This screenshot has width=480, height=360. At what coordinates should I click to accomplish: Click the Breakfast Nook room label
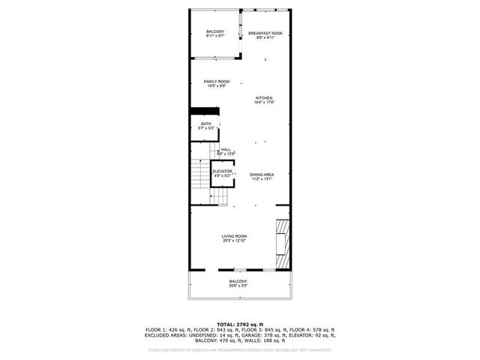point(265,34)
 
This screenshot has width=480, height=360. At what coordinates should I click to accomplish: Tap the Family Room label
point(217,81)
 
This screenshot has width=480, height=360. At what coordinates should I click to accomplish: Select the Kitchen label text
point(264,98)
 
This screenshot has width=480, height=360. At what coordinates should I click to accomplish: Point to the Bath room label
point(205,124)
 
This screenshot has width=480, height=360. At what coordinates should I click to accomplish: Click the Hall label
point(226,149)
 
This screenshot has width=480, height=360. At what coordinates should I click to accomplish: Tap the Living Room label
point(234,235)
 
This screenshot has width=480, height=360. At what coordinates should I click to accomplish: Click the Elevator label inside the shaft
point(223,171)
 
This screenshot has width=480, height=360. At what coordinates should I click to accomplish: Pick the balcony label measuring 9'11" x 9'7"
point(215,31)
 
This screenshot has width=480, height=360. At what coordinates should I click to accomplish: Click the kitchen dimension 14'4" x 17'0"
point(264,103)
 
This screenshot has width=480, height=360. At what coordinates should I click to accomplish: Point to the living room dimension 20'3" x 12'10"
point(234,241)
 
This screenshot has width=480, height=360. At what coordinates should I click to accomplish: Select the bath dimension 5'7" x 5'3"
point(206,128)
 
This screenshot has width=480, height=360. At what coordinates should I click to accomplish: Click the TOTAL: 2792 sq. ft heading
point(240,324)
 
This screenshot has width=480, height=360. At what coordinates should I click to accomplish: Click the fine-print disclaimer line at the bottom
point(240,349)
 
